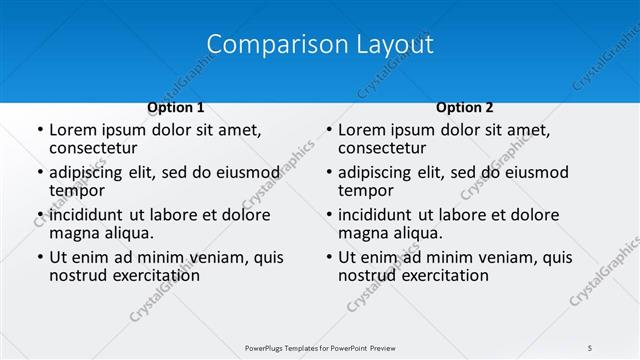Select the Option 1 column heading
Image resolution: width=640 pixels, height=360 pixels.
coord(176,108)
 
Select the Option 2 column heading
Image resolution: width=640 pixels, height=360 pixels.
coord(465,108)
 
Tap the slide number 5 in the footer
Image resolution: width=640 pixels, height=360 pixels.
coord(590,347)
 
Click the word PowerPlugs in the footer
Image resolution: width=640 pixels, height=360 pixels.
coord(269,347)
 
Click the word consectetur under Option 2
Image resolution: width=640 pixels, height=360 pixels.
coord(383,148)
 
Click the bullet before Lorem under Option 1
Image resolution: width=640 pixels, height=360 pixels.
coord(39,131)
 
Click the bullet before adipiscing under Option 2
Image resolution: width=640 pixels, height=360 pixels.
coord(328,173)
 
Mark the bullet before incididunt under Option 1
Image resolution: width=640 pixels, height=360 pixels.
coord(39,215)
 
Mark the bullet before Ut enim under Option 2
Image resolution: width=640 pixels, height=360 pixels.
coord(328,257)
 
